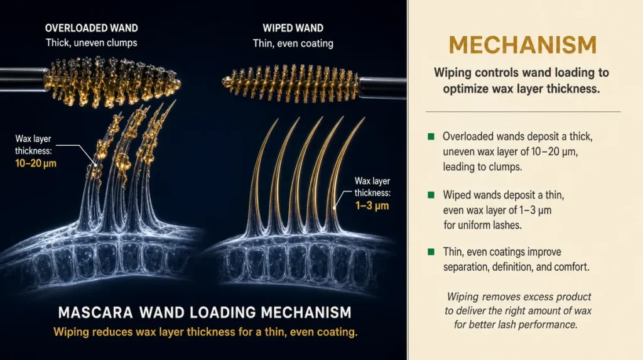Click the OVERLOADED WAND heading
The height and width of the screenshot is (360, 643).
point(92,28)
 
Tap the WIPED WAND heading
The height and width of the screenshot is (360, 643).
point(293,28)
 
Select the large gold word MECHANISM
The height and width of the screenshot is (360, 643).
point(522,45)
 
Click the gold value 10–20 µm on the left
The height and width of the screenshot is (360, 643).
point(36,163)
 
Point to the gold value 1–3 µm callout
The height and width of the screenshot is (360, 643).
point(372,205)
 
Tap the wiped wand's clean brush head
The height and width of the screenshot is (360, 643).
point(290,84)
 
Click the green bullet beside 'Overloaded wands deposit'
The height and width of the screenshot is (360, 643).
point(431,136)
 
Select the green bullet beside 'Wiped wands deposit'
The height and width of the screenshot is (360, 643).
point(431,195)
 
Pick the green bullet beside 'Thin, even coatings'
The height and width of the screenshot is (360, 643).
point(431,252)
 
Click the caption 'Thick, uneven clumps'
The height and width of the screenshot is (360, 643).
point(92,43)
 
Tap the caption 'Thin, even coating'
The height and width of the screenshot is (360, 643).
point(293,43)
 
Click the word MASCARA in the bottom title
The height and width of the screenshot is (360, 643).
point(95,313)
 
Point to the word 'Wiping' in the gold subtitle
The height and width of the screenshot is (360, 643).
point(71,332)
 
